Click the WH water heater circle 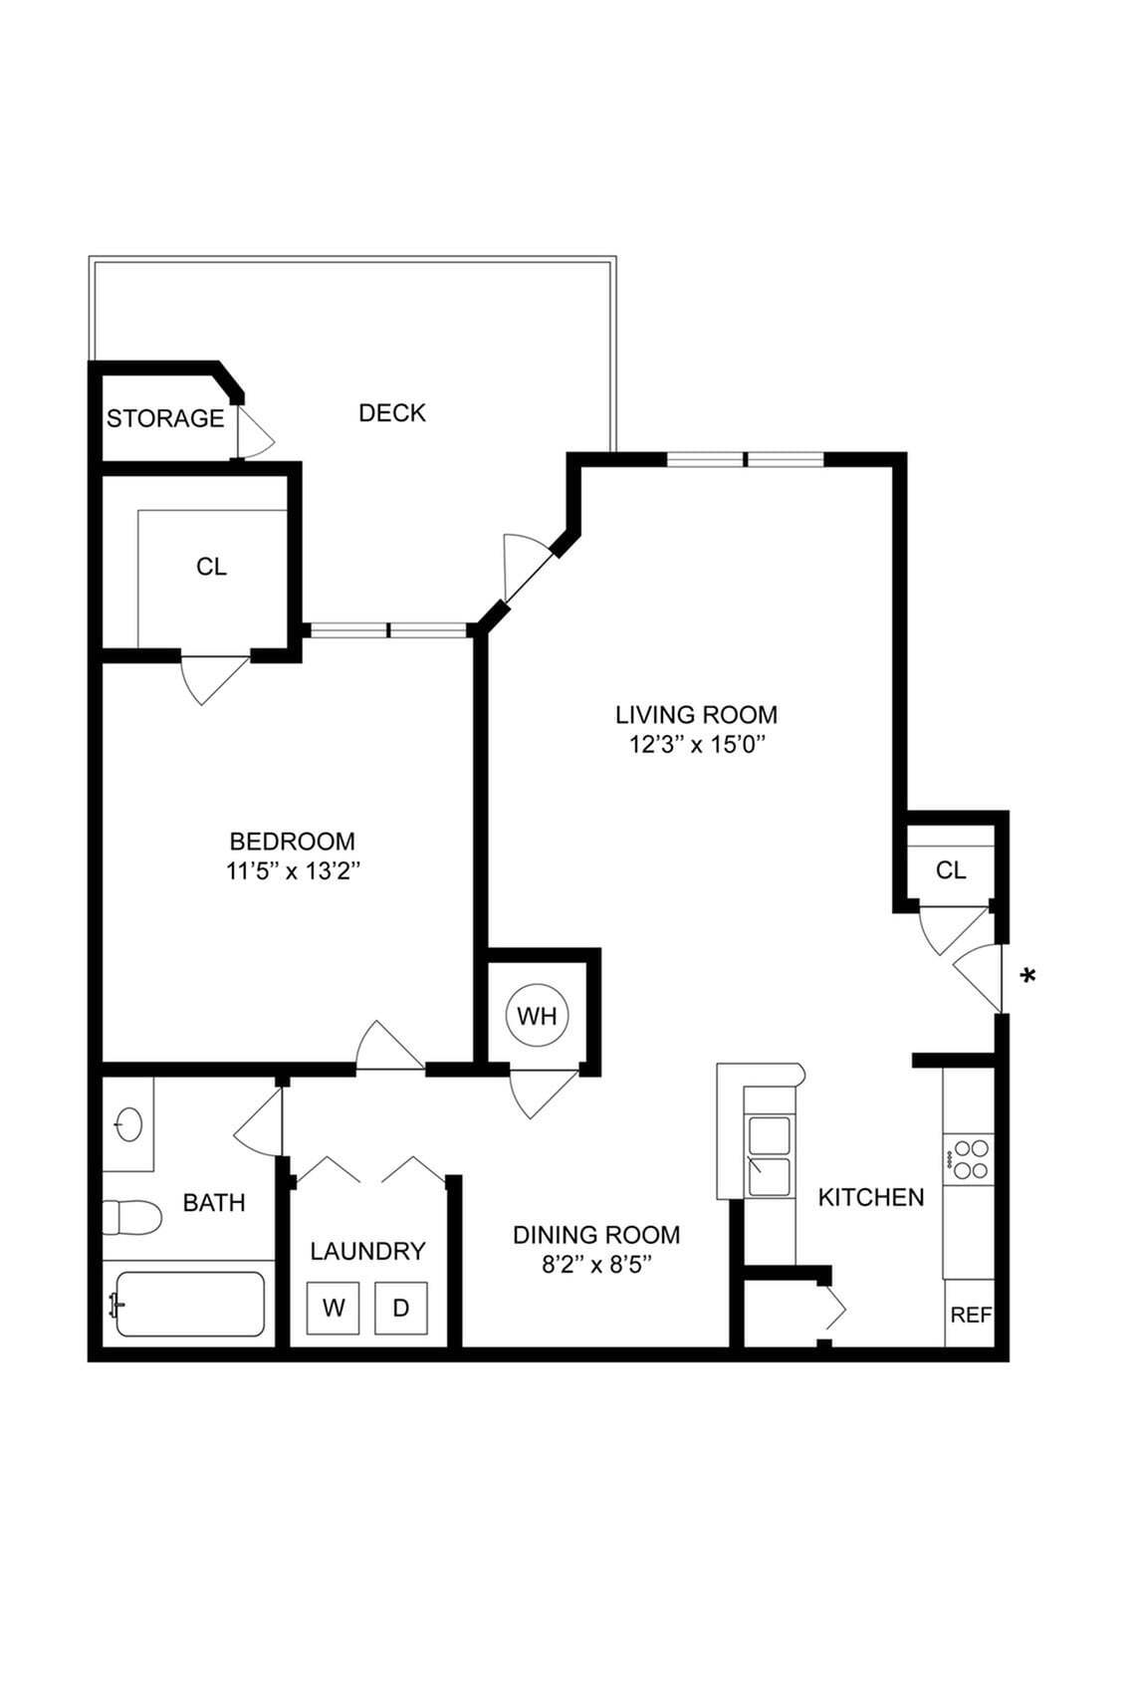tap(538, 1016)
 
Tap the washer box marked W tap(334, 1308)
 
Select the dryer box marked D tap(401, 1308)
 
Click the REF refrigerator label tap(971, 1315)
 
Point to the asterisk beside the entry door tap(1028, 976)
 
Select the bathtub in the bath tap(189, 1304)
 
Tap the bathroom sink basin tap(129, 1125)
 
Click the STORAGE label tap(165, 418)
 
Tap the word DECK tap(392, 412)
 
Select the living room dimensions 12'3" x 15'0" tap(696, 744)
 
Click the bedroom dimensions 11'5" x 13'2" tap(292, 871)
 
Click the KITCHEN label tap(871, 1197)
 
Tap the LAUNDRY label tap(367, 1251)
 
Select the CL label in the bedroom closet tap(211, 567)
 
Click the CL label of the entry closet tap(951, 870)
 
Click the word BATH tap(214, 1202)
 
